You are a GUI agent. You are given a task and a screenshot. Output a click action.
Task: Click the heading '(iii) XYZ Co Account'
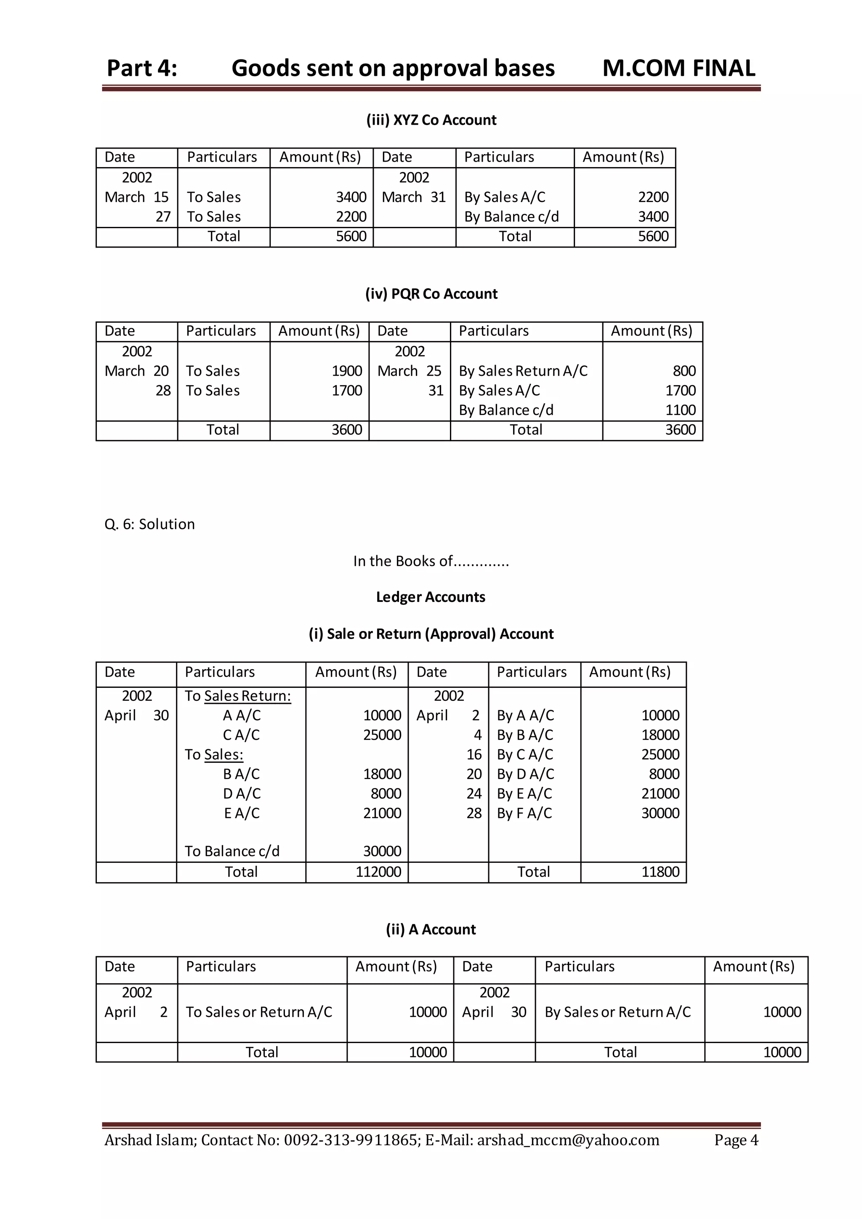tap(431, 120)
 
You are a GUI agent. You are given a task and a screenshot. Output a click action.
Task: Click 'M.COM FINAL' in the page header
tap(678, 69)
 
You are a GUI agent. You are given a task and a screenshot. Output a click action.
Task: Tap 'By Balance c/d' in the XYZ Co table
tap(511, 217)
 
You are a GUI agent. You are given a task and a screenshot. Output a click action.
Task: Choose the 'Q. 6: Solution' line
tap(150, 524)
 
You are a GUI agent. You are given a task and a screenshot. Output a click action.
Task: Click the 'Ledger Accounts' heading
tap(431, 597)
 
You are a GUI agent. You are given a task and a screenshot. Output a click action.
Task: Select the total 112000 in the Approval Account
tap(378, 872)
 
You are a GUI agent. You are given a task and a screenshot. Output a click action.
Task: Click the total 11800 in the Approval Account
tap(660, 872)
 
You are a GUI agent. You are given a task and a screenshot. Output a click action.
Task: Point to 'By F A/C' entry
tap(524, 813)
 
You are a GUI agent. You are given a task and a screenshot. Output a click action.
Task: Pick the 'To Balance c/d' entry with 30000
tap(232, 851)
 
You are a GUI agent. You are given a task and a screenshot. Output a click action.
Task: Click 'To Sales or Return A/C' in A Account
tap(258, 1012)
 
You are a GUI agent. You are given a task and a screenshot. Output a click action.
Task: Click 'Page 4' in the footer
tap(736, 1140)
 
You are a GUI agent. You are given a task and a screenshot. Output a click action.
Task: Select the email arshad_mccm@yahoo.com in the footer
tap(567, 1140)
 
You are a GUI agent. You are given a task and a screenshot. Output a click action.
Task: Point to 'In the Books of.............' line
tap(431, 561)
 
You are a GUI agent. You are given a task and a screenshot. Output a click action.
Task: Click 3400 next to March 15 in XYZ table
tap(351, 197)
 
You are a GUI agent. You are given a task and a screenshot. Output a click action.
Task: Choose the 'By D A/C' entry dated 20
tap(525, 774)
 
